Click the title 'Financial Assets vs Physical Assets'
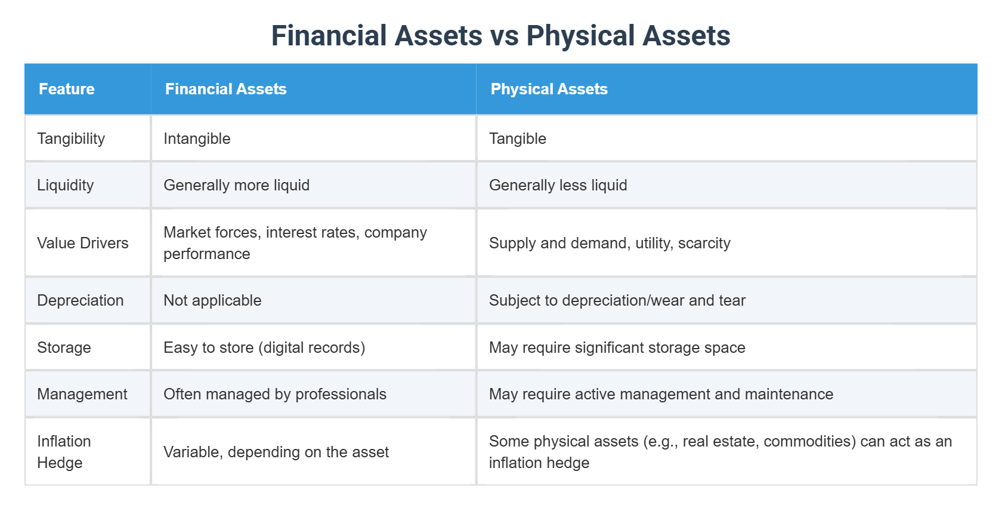[x=500, y=36]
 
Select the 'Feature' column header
[x=67, y=89]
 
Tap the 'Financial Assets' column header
[x=225, y=89]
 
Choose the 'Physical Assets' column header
[x=549, y=89]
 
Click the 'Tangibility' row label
[x=71, y=138]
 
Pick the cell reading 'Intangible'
[x=197, y=138]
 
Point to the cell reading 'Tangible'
[x=517, y=138]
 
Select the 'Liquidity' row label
[x=66, y=185]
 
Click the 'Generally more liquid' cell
[x=236, y=185]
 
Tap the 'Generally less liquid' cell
[x=558, y=185]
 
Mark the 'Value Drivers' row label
[x=83, y=243]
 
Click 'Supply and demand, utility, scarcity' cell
[x=609, y=243]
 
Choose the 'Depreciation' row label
[x=81, y=300]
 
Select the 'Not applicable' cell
[x=212, y=300]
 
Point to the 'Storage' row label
[x=64, y=347]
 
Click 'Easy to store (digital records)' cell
[x=264, y=347]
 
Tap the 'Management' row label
[x=82, y=394]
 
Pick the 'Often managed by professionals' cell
[x=275, y=394]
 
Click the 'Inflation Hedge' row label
[x=64, y=452]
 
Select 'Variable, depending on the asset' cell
[x=276, y=452]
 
